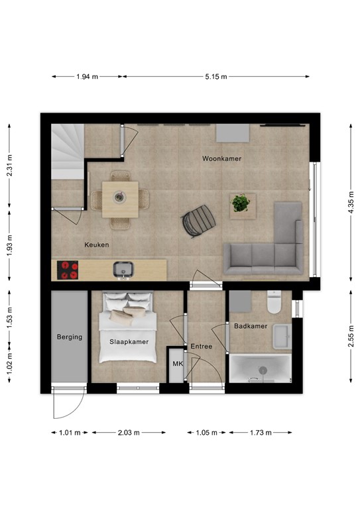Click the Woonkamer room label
(222, 159)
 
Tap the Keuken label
(96, 245)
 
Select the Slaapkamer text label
(129, 342)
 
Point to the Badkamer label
(250, 326)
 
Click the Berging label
(69, 337)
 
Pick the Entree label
(201, 347)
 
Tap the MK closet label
(177, 364)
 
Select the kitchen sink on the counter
(122, 269)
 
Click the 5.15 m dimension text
(215, 77)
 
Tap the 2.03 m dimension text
(129, 433)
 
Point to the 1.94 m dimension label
(87, 77)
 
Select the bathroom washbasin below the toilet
(282, 336)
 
